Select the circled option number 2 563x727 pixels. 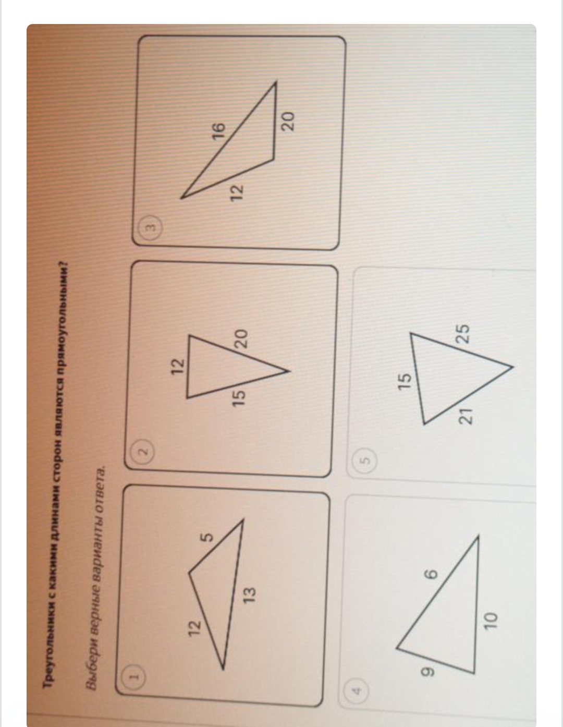[144, 451]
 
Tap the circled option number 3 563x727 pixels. [152, 227]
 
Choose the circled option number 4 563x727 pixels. [357, 690]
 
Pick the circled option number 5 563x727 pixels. [366, 460]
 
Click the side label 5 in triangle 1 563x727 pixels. [207, 537]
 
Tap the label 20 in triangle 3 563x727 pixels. [288, 120]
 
